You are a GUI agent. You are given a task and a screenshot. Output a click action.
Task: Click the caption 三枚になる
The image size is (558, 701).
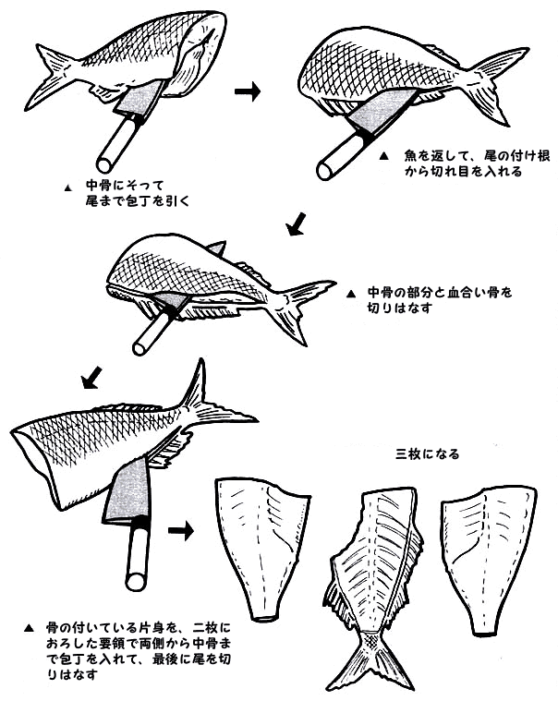pos(428,454)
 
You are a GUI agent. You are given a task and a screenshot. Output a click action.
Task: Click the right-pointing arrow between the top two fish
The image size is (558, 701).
pos(248,91)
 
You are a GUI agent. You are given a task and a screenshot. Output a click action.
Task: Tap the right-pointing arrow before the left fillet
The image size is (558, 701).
pos(181,531)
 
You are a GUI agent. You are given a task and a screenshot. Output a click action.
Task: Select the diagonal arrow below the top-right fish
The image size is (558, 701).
pos(297,224)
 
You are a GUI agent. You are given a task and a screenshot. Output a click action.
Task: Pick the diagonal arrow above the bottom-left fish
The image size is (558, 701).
pos(92,378)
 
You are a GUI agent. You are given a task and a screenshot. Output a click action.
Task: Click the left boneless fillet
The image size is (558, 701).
pos(261,546)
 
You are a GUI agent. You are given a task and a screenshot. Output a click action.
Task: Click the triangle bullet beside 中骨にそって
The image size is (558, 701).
pos(68,188)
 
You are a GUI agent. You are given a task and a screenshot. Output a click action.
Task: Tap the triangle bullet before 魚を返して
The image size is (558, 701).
pos(383,156)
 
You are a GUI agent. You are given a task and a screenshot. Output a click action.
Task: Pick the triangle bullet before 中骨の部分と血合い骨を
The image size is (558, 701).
pos(351,294)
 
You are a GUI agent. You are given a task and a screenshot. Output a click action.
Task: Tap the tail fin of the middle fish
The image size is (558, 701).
pos(304,308)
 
